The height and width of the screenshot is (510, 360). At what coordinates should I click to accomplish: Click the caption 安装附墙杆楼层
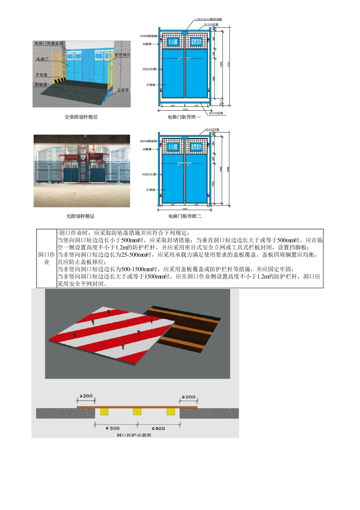[x=81, y=117]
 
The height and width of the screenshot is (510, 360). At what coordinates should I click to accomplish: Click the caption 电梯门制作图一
[x=184, y=117]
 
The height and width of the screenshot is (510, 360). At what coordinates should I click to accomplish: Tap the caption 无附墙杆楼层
[x=80, y=216]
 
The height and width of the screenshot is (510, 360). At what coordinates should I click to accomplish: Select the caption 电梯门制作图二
[x=185, y=216]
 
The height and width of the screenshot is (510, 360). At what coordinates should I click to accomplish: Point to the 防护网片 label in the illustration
[x=122, y=55]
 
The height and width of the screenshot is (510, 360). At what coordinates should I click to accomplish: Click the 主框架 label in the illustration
[x=123, y=90]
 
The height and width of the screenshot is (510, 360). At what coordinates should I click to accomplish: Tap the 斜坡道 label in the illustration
[x=41, y=84]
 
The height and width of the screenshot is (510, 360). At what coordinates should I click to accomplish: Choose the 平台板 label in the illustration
[x=42, y=75]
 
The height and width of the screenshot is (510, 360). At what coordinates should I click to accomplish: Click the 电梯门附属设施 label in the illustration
[x=49, y=44]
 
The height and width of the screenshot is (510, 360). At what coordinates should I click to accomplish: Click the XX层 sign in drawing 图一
[x=173, y=42]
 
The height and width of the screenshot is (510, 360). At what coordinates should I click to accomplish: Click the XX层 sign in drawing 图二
[x=173, y=146]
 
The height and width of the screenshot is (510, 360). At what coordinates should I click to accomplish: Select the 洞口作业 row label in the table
[x=47, y=258]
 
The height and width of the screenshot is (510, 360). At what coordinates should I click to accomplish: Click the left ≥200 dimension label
[x=86, y=396]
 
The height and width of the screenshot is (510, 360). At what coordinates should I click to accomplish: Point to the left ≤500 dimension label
[x=113, y=428]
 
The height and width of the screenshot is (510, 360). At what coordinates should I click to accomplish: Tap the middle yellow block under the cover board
[x=137, y=412]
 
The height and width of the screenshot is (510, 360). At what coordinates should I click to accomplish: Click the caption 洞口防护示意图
[x=134, y=435]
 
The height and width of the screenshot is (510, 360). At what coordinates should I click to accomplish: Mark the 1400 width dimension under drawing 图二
[x=185, y=209]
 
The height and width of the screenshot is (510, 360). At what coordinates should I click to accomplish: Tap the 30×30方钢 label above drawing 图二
[x=212, y=130]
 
